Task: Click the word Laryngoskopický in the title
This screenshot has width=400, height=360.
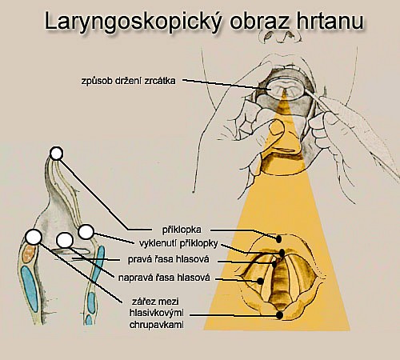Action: [133, 22]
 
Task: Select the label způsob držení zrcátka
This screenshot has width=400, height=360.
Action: [129, 81]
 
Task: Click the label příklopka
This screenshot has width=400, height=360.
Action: [182, 230]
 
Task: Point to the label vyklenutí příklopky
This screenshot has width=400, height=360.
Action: [178, 243]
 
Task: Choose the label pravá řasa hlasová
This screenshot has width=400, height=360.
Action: [168, 259]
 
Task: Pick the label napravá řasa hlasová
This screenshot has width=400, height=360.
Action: [164, 278]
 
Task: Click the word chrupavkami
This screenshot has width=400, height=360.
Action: [157, 325]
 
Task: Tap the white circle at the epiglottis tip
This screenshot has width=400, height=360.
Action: [56, 154]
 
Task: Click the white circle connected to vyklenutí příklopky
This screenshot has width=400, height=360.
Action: [86, 232]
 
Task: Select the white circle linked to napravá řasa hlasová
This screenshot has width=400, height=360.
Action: [65, 240]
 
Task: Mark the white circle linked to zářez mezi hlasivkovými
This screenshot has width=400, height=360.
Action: [34, 237]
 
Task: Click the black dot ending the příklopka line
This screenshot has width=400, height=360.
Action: [279, 239]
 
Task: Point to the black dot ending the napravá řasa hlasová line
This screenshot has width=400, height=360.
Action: [260, 281]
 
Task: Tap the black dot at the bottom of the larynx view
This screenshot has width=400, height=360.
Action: [279, 315]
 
